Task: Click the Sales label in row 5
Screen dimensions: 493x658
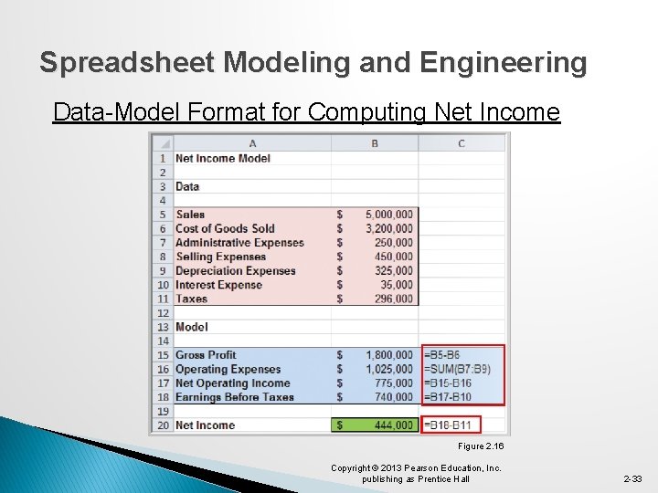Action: click(190, 215)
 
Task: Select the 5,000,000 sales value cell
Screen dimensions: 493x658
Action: click(388, 215)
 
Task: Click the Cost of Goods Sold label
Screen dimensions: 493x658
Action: click(225, 228)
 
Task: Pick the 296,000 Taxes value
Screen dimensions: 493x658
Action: click(393, 299)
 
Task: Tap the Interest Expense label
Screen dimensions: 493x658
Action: click(218, 285)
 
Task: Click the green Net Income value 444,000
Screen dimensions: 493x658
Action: click(393, 425)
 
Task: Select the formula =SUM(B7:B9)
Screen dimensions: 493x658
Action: click(461, 369)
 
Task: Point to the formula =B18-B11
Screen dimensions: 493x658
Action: click(449, 425)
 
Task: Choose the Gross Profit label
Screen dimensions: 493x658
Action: click(206, 355)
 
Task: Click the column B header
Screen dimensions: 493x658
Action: click(375, 143)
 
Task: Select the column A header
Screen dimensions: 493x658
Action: click(252, 143)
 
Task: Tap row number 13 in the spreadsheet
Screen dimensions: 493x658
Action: click(163, 327)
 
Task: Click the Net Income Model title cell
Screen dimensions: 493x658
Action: click(223, 158)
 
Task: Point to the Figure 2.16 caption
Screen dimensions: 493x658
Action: click(481, 446)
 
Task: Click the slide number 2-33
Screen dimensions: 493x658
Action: click(632, 478)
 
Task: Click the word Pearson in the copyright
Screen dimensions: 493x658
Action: click(428, 467)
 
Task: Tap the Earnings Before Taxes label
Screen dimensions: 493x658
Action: click(235, 397)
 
